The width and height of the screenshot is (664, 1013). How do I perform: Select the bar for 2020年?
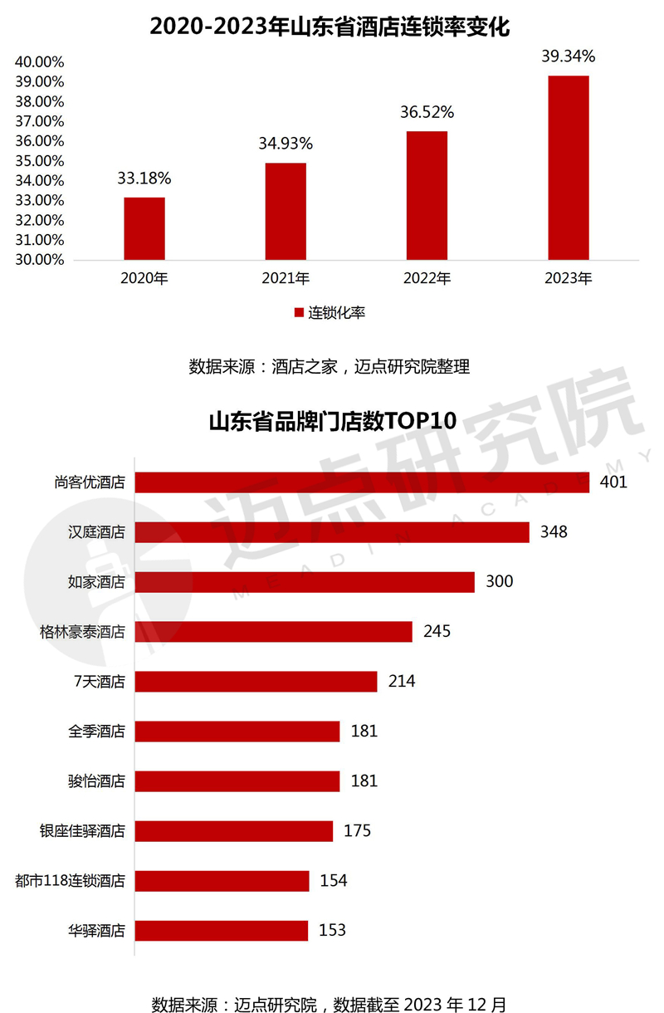[144, 228]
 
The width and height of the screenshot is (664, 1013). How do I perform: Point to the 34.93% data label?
[286, 144]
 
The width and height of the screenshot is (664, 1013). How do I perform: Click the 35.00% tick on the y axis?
[39, 161]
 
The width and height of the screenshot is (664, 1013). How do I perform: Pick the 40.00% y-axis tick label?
[39, 62]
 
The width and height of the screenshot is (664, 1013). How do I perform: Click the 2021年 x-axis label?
[286, 278]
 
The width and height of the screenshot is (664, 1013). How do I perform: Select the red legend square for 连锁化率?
[299, 313]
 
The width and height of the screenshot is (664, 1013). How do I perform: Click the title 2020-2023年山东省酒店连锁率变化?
[330, 27]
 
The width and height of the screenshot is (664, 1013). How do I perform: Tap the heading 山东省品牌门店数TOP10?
[332, 421]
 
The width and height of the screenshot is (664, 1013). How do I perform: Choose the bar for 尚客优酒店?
[362, 482]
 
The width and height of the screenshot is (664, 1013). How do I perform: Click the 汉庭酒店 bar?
[332, 532]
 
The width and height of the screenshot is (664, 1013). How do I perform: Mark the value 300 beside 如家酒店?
[500, 581]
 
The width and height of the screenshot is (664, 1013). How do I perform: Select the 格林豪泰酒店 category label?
[82, 632]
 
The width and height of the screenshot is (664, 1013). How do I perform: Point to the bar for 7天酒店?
[256, 682]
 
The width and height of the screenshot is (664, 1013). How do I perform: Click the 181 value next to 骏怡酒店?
[364, 781]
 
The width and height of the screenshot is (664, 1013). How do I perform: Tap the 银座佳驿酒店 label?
[82, 830]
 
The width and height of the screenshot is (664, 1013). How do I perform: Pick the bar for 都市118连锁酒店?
[222, 881]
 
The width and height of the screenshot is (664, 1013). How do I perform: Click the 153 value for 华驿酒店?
[332, 930]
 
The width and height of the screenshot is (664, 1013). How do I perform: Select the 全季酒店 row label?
[96, 732]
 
